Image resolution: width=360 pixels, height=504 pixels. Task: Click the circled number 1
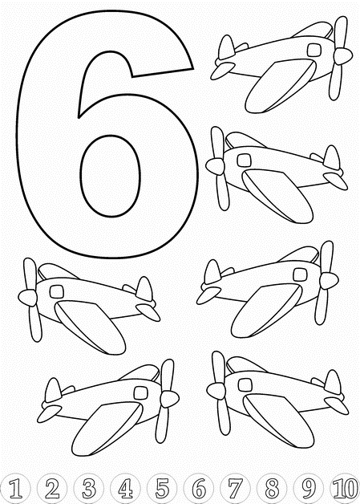click(x=14, y=489)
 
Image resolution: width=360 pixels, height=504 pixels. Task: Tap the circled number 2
click(x=51, y=489)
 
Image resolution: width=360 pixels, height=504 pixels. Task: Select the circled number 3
click(x=88, y=489)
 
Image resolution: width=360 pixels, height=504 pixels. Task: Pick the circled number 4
click(x=125, y=489)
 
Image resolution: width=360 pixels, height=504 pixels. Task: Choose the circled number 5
click(x=162, y=489)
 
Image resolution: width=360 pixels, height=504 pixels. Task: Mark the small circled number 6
click(x=199, y=489)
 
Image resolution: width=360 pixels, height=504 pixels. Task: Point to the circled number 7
click(x=236, y=489)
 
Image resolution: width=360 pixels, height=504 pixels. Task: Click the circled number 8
click(x=273, y=489)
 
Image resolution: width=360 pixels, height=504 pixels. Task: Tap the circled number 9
click(x=309, y=489)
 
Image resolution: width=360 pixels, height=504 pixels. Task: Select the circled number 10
click(x=345, y=489)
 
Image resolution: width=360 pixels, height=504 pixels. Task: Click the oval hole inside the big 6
click(x=110, y=176)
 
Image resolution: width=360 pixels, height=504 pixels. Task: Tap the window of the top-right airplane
click(x=314, y=50)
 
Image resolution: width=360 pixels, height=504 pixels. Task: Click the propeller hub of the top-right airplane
click(x=342, y=56)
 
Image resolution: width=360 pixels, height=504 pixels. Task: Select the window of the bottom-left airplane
click(x=140, y=392)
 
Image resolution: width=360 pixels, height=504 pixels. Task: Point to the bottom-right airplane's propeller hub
click(x=216, y=391)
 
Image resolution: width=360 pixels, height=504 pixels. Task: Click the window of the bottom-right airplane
click(x=245, y=384)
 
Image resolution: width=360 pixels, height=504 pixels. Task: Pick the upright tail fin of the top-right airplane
click(x=226, y=47)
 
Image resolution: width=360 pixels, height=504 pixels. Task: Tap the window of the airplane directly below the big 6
click(x=56, y=291)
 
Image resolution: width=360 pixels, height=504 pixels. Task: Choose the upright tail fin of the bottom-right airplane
click(x=333, y=382)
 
